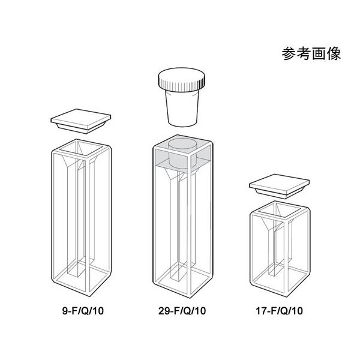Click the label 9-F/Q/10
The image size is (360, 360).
point(83,311)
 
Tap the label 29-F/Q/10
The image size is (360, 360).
point(182,311)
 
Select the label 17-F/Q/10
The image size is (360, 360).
point(279,311)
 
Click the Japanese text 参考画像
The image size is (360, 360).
point(311,54)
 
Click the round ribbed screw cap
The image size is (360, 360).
point(181,79)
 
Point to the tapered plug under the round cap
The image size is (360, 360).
point(182,108)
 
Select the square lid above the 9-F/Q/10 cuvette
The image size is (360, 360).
point(81,121)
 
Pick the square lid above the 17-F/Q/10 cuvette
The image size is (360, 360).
point(280,186)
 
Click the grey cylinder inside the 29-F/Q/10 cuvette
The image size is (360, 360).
point(182,154)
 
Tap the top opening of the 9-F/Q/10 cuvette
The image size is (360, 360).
point(81,149)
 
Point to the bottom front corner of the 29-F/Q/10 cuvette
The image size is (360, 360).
point(190,298)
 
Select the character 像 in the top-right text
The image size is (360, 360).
point(334,54)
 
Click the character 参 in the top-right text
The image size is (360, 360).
point(289,54)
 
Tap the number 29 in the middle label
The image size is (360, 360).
point(163,311)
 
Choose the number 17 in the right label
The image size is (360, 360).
point(261,311)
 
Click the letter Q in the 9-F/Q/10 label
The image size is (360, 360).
point(85,311)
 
